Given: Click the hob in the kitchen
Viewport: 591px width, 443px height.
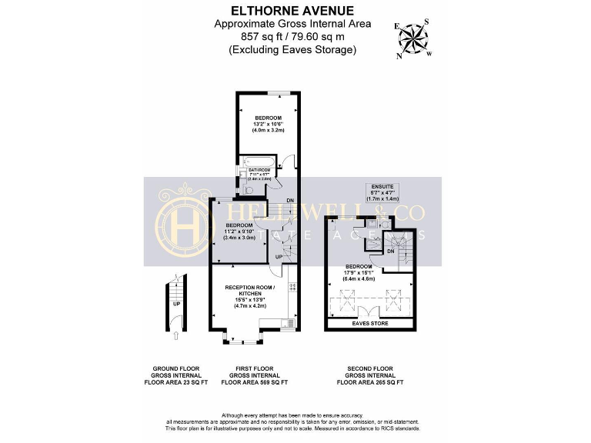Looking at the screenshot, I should (x=292, y=288).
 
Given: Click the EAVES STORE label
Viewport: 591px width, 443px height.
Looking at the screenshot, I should (x=370, y=324).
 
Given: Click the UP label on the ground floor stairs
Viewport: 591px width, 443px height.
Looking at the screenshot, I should (x=176, y=303).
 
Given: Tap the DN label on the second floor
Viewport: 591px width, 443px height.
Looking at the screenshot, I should (x=390, y=251).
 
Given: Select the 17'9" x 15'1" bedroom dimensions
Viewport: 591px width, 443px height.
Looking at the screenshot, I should (x=359, y=273).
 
